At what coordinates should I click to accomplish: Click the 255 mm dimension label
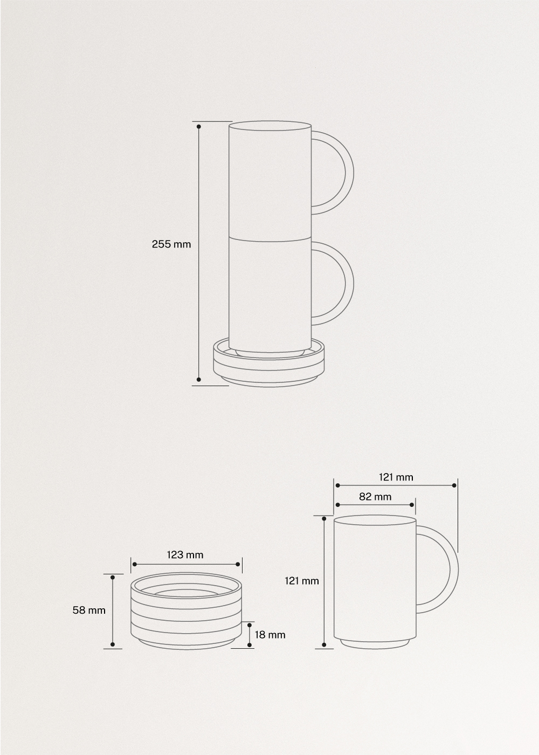(x=171, y=244)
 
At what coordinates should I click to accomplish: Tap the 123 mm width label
(x=185, y=554)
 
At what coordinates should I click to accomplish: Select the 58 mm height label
(x=89, y=610)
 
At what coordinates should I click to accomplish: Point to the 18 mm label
(x=269, y=635)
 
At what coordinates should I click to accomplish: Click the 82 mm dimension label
(x=375, y=496)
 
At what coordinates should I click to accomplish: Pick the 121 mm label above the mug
(x=396, y=477)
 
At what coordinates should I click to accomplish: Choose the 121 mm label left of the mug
(x=302, y=581)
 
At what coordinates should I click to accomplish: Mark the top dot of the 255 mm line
(x=199, y=127)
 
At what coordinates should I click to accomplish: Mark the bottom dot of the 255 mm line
(x=199, y=379)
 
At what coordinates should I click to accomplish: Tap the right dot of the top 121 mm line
(x=454, y=485)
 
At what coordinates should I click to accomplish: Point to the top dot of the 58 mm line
(x=113, y=578)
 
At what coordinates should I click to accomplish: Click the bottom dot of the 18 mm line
(x=250, y=644)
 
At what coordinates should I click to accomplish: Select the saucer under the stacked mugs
(x=269, y=367)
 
